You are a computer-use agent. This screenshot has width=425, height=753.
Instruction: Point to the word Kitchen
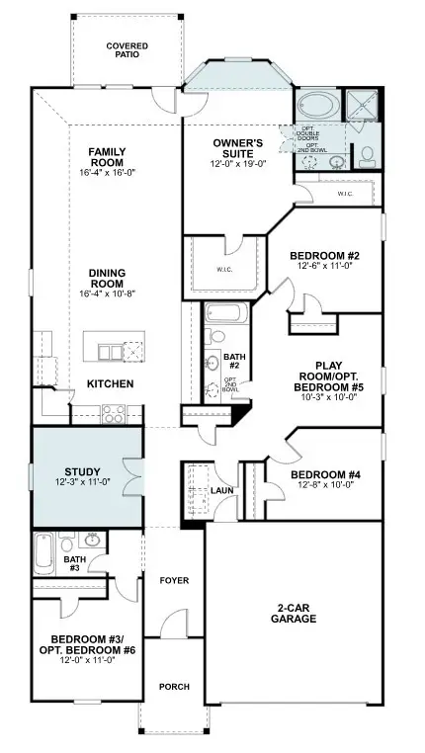point(110,383)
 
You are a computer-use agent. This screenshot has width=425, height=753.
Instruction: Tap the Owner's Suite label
point(238,149)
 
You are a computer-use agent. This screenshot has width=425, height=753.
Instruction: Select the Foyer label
point(174,581)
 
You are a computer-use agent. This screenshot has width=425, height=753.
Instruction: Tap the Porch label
point(174,688)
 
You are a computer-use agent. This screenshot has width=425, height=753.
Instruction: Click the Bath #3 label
point(74,563)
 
